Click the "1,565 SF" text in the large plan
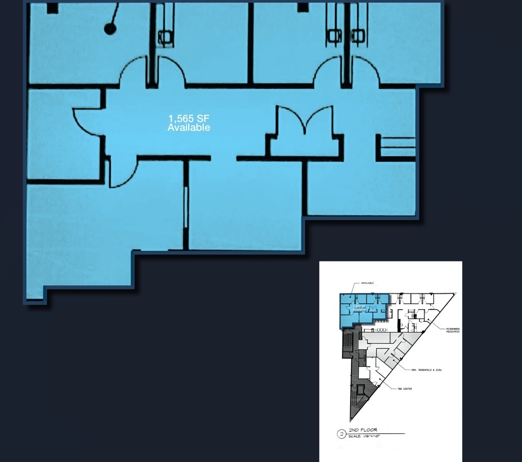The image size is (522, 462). tap(189, 119)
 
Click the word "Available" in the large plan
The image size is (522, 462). tap(189, 128)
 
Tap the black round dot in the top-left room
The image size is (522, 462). tap(110, 29)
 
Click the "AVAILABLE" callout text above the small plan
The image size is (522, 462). tap(367, 283)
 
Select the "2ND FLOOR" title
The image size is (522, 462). tap(363, 430)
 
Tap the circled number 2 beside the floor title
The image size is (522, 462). tap(341, 434)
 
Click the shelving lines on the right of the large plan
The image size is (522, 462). tap(397, 147)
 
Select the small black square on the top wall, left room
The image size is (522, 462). tap(52, 8)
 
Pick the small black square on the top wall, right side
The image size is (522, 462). tap(302, 8)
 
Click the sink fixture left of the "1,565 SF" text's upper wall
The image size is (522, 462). tap(165, 36)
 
